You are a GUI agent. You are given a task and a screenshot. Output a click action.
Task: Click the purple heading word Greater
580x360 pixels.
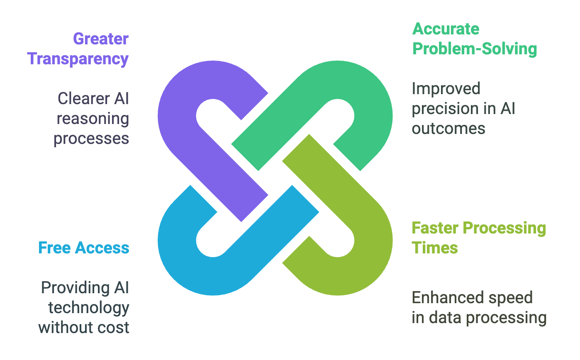[101, 39]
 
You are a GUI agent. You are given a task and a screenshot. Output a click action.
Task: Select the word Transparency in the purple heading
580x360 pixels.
[78, 59]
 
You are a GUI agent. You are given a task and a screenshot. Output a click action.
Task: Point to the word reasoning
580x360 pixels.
[93, 119]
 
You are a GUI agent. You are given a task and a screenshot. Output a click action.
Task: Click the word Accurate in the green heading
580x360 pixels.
[446, 29]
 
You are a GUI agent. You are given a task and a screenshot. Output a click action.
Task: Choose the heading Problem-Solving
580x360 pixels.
[474, 49]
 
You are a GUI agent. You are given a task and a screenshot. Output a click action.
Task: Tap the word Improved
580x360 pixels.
[440, 89]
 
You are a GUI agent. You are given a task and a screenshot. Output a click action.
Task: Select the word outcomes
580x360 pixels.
[448, 128]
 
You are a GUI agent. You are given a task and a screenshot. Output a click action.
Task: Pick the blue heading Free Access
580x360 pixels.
[83, 248]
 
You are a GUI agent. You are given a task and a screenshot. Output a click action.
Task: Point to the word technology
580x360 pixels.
[88, 308]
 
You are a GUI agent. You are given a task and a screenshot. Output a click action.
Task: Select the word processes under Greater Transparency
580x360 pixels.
[91, 139]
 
